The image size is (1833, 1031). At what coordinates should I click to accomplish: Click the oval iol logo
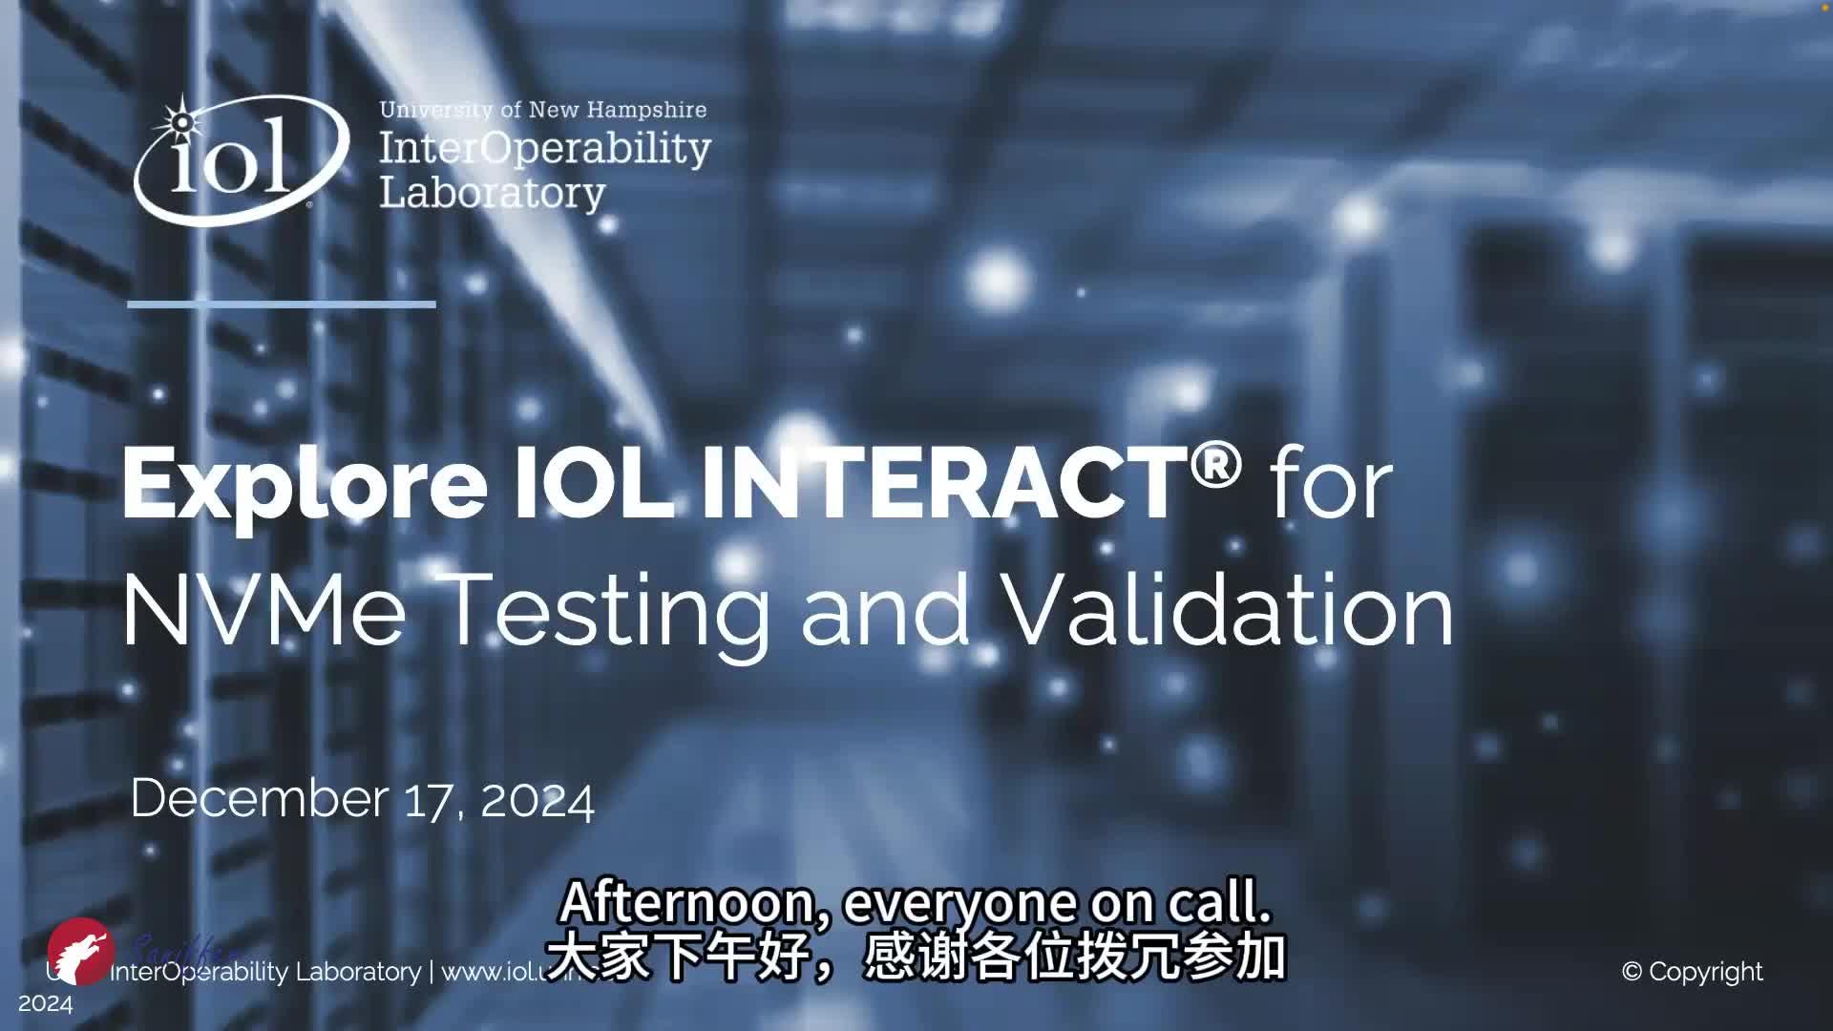click(x=240, y=160)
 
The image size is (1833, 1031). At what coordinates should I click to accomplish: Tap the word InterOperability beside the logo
click(x=545, y=149)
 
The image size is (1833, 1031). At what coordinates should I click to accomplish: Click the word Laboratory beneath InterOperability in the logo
click(x=493, y=194)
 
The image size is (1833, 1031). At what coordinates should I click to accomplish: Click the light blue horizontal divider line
click(x=282, y=305)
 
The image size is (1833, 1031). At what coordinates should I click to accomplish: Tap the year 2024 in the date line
click(x=537, y=800)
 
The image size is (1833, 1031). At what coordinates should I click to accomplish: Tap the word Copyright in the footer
click(x=1705, y=972)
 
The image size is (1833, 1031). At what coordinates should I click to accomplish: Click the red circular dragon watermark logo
click(x=81, y=952)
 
